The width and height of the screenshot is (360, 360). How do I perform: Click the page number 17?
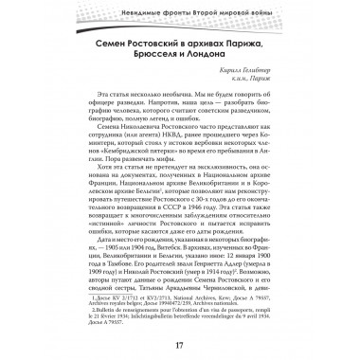click(180, 340)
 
